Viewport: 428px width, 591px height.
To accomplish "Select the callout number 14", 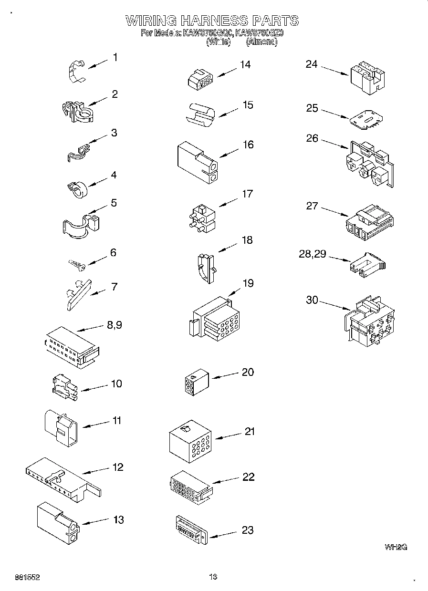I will click(245, 65).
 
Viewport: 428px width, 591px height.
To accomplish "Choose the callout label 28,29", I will click(312, 254).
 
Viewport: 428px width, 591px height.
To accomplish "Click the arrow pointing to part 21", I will click(230, 436).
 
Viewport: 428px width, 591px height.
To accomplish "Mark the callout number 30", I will click(312, 300).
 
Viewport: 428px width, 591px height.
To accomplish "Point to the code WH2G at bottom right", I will click(396, 548).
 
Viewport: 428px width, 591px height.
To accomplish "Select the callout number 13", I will click(118, 520).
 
